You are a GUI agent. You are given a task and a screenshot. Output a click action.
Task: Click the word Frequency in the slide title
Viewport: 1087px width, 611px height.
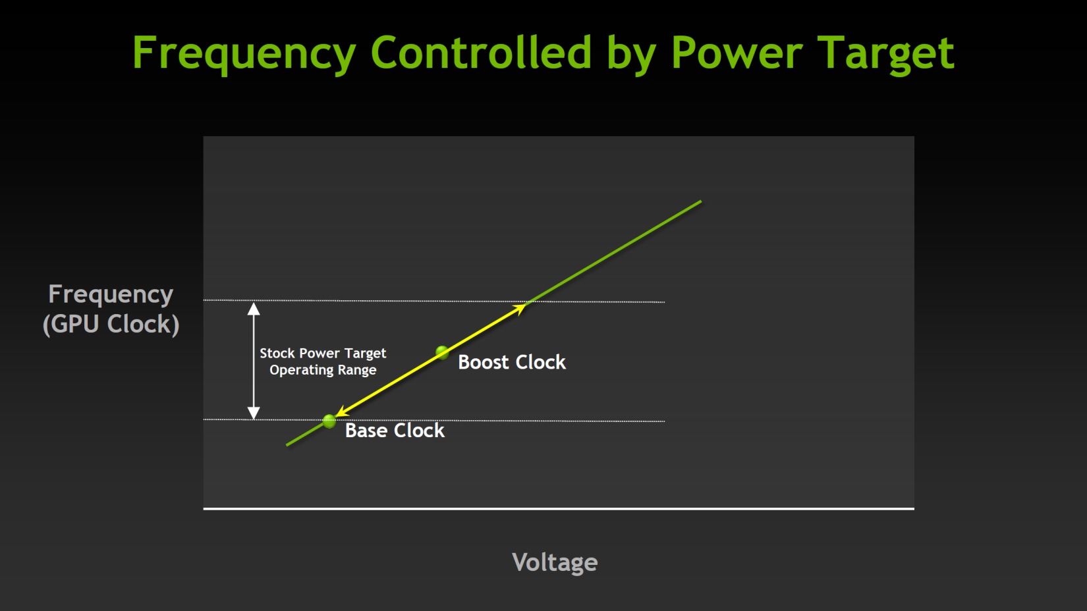coord(244,54)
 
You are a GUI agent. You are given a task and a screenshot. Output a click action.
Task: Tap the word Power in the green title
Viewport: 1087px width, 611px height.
coord(737,53)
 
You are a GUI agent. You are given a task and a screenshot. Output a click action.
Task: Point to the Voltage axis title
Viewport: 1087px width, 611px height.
coord(555,563)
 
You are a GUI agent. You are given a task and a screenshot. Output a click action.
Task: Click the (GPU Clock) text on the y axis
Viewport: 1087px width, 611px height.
coord(111,325)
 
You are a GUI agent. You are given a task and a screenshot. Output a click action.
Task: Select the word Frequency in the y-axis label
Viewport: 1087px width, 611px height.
coord(111,295)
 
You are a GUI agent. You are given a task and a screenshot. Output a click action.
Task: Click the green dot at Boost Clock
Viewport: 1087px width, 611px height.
coord(442,352)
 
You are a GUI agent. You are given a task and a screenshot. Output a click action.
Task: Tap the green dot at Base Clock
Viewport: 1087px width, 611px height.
coord(329,421)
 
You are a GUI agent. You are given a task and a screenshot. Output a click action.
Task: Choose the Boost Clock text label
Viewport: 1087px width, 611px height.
coord(512,362)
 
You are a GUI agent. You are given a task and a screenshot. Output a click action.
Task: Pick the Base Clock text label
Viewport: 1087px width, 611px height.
coord(395,431)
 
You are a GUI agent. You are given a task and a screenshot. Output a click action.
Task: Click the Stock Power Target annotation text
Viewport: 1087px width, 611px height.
coord(323,354)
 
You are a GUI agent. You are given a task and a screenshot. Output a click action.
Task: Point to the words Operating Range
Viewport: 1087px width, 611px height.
coord(323,370)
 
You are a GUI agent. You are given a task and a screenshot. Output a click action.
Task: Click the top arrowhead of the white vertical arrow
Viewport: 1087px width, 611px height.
coord(254,304)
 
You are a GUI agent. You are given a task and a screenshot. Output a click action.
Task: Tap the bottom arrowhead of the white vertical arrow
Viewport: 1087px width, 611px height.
coord(254,418)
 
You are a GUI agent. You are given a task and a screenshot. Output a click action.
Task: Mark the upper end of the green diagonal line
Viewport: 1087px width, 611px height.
coord(701,201)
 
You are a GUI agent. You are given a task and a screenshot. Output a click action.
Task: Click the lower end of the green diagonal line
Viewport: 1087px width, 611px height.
coord(287,444)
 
